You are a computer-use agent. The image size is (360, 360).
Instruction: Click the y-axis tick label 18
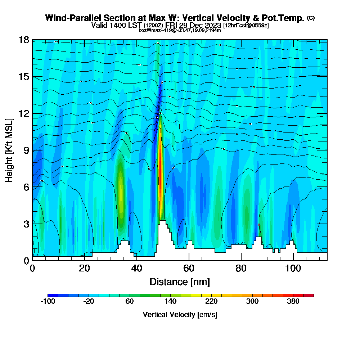coord(24,40)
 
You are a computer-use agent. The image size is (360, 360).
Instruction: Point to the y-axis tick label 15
coord(24,77)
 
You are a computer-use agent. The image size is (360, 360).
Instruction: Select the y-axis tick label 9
coord(26,150)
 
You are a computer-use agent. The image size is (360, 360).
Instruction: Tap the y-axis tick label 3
coord(26,224)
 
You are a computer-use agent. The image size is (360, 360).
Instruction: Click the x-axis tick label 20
coord(84,269)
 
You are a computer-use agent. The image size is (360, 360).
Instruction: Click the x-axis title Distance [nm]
coord(180,282)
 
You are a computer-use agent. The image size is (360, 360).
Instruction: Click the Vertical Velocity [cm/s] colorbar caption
coord(180,315)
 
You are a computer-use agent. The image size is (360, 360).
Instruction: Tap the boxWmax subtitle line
coord(180,30)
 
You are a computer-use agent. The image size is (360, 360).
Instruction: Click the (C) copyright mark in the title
coord(311,18)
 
